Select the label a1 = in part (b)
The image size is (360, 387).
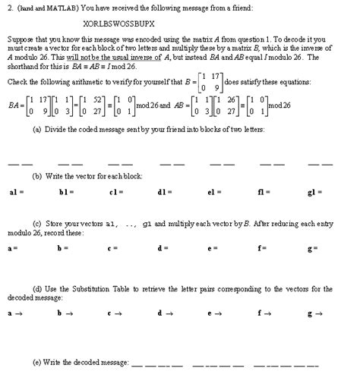pos(14,193)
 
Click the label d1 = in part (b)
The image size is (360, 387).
pos(163,193)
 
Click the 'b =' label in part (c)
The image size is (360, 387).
pos(61,247)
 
